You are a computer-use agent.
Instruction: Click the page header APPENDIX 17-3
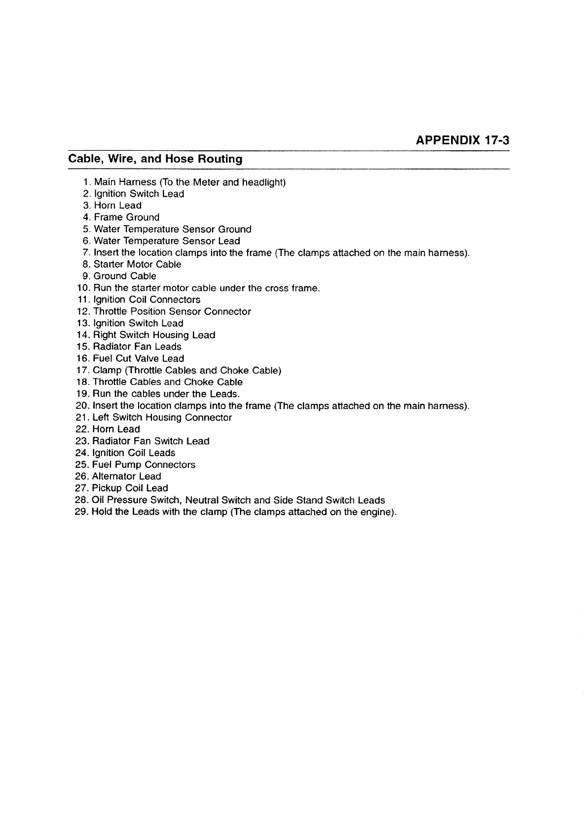click(462, 140)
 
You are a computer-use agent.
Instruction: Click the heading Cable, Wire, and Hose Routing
click(155, 159)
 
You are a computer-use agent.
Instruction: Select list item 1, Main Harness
click(190, 182)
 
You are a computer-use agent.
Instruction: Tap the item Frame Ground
click(127, 217)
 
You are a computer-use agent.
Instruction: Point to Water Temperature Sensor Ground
click(173, 229)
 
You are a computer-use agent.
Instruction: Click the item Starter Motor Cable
click(138, 264)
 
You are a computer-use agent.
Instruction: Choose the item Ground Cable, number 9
click(125, 276)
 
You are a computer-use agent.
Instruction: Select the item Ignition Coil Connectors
click(147, 300)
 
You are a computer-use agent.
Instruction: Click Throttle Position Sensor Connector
click(172, 311)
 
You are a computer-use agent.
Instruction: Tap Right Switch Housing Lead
click(154, 335)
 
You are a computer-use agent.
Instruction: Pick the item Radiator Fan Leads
click(137, 346)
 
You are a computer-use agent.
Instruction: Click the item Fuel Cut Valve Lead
click(139, 358)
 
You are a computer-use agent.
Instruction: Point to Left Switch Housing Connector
click(162, 417)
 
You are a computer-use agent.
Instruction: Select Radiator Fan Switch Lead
click(151, 441)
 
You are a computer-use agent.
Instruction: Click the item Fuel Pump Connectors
click(144, 465)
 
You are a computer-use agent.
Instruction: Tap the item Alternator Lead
click(127, 476)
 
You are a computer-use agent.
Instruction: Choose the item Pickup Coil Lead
click(130, 488)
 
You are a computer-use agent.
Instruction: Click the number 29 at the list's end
click(81, 512)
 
